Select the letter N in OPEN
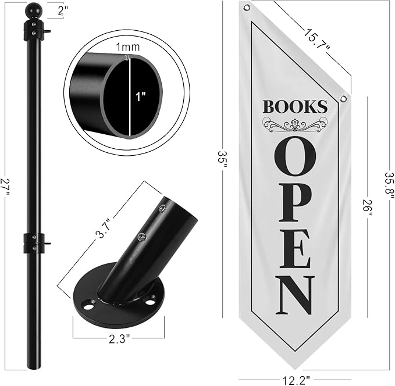pos(295,295)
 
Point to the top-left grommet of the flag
pos(247,8)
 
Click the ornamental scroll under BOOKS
pos(294,124)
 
